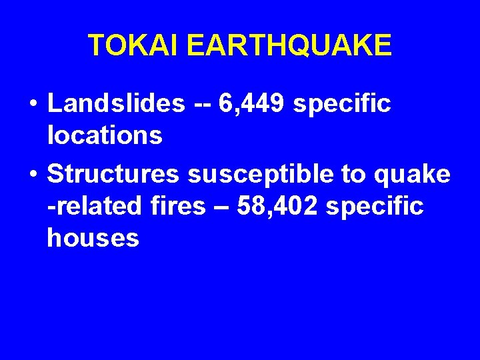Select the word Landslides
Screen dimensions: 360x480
[117, 103]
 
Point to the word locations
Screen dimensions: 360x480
[105, 135]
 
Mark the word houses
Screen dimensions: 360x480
[93, 238]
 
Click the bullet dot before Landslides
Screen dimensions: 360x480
[32, 105]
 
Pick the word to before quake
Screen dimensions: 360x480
[353, 174]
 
